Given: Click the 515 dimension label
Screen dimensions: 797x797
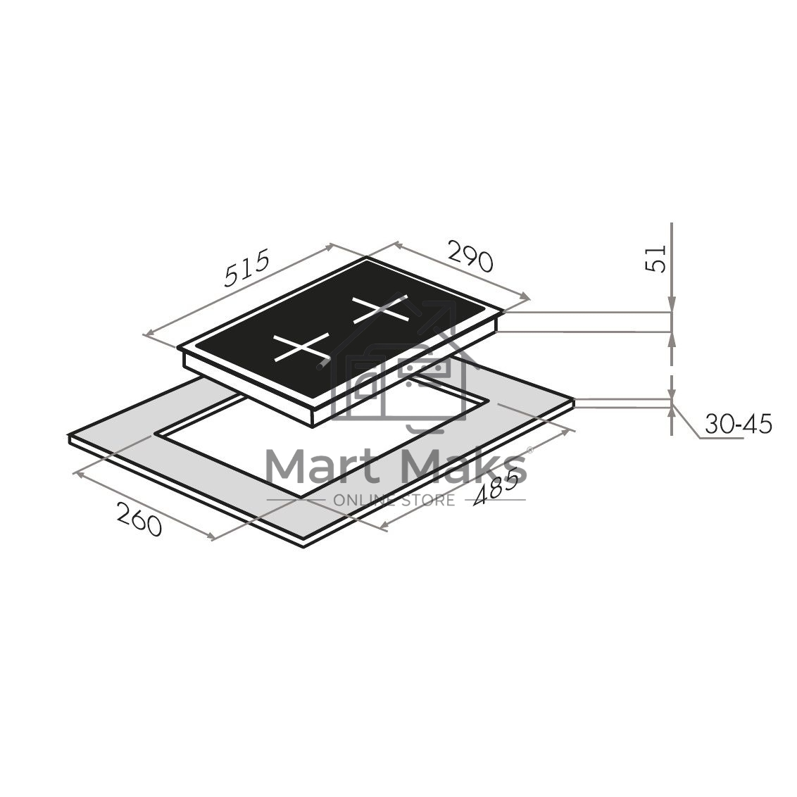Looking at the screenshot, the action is pyautogui.click(x=246, y=269).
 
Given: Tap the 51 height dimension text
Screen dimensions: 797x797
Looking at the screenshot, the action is pyautogui.click(x=655, y=258).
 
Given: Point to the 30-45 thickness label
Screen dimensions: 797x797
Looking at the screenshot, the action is pyautogui.click(x=738, y=424).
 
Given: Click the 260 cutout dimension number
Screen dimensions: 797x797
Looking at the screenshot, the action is pyautogui.click(x=139, y=518).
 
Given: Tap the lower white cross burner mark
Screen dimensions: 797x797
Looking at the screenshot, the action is pyautogui.click(x=302, y=347).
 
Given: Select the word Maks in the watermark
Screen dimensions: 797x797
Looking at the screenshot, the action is pyautogui.click(x=463, y=467).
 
